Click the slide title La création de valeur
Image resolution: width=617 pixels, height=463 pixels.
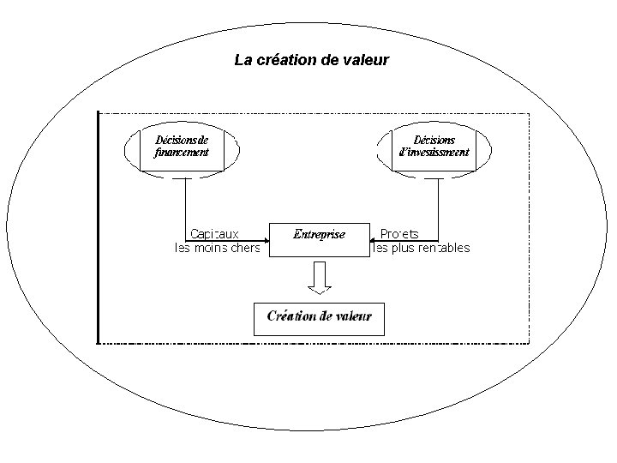pos(312,61)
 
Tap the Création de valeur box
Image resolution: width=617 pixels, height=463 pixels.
pos(319,316)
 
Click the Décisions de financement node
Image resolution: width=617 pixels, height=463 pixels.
pos(181,147)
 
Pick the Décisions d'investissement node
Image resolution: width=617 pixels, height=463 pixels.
pos(434,147)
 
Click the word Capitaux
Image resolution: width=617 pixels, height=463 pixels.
pos(214,233)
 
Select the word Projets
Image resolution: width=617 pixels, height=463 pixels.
pos(399,233)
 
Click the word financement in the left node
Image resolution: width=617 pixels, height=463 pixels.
pos(182,153)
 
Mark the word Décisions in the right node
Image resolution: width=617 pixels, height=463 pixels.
pos(434,140)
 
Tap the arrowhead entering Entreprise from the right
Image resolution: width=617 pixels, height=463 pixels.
pos(374,238)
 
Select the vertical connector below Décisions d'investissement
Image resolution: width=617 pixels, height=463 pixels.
pos(438,206)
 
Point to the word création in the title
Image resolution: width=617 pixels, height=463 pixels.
pos(282,61)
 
